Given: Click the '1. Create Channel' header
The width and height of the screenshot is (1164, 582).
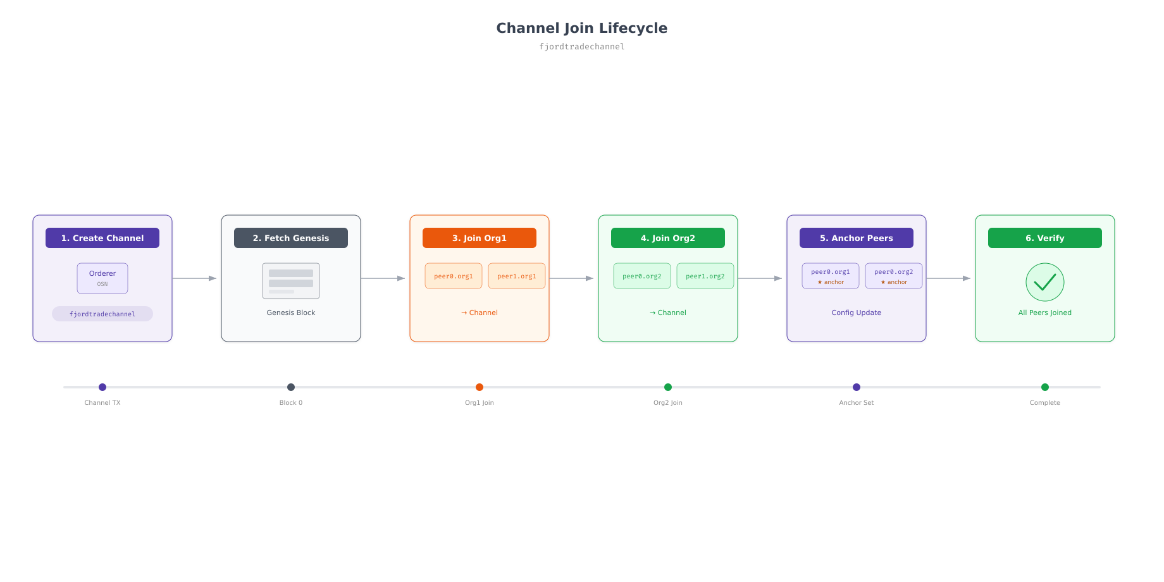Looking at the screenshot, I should coord(102,238).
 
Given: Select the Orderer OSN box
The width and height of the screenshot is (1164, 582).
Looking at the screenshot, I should coord(102,278).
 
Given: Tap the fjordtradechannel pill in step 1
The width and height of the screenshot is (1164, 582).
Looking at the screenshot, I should coord(102,314).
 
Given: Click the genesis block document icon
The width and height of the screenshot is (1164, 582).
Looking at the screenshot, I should coord(291,281).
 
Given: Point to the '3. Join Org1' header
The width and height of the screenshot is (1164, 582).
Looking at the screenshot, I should coord(480,238).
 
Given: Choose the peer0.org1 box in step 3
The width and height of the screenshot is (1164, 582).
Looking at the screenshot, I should coord(454,276).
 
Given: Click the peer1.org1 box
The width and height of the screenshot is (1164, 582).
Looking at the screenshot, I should coord(517,276).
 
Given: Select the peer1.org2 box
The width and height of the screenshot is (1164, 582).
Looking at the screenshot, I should coord(705,276).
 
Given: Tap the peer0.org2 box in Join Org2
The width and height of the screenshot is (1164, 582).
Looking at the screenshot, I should coord(642,276).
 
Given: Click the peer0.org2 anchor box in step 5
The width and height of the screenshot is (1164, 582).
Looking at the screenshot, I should coord(894,276).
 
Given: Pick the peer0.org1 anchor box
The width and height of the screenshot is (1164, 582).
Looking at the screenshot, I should coord(831,276).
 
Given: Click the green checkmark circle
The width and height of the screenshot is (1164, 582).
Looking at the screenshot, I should coord(1045,282).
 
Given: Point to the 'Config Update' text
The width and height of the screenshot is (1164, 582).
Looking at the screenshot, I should coord(857,313).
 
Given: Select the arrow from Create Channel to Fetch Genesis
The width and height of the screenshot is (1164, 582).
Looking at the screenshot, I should coord(195,278).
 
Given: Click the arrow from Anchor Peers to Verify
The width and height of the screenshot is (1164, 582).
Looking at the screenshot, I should coord(949,278).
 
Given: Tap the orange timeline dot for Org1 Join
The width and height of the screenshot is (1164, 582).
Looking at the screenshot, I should coord(480,387).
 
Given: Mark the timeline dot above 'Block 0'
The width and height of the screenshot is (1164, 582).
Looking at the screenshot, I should coord(291,387).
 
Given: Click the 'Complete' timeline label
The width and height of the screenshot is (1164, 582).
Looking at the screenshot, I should coord(1045,402).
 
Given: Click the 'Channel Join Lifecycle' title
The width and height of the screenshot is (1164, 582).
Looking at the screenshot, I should coord(582,28).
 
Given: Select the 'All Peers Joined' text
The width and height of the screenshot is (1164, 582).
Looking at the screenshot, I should coord(1045,313).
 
